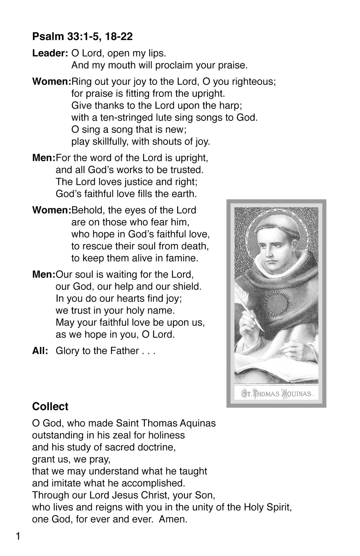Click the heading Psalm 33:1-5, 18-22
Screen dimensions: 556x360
pyautogui.click(x=82, y=36)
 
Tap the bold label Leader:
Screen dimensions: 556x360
pyautogui.click(x=50, y=53)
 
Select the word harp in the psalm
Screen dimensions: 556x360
pyautogui.click(x=231, y=106)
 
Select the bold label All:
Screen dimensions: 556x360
pyautogui.click(x=40, y=351)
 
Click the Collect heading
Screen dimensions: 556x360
pyautogui.click(x=50, y=406)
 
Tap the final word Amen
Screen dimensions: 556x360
pyautogui.click(x=173, y=519)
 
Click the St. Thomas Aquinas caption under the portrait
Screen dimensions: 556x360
pyautogui.click(x=277, y=394)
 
